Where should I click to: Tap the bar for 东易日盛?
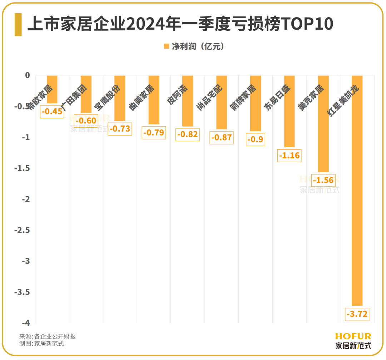(x=289, y=111)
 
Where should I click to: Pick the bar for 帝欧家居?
(x=52, y=89)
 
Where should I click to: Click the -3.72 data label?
(x=357, y=315)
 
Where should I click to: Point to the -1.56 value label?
(x=323, y=181)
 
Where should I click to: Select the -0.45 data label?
(x=52, y=112)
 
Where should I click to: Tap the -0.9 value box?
(x=256, y=139)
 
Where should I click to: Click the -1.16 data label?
(x=289, y=156)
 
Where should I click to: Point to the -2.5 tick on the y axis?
(x=22, y=231)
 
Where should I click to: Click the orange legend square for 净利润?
(x=166, y=46)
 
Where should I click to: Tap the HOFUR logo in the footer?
(x=353, y=336)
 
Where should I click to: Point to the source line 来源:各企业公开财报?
(x=48, y=336)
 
